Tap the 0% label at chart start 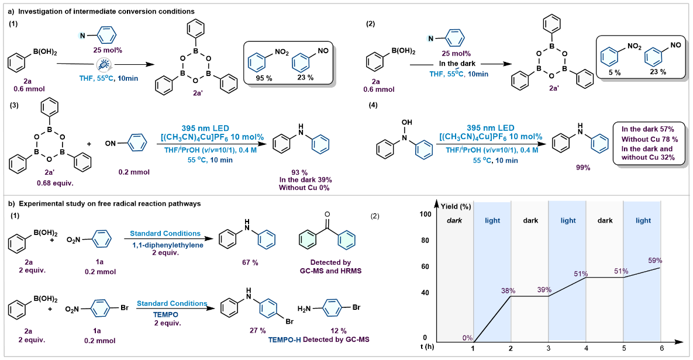[x=467, y=338]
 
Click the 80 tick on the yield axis [x=425, y=240]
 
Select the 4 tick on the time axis [x=586, y=349]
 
